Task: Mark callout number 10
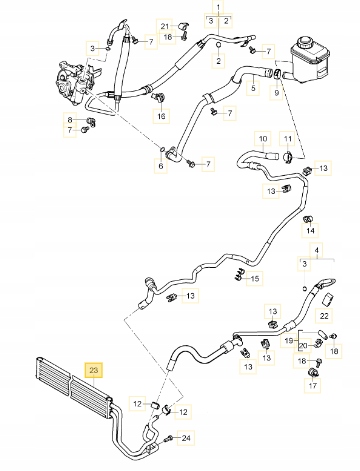(x=262, y=138)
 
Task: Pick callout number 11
(x=287, y=138)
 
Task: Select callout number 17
(x=312, y=385)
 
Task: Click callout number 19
(x=288, y=342)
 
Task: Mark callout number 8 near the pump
(x=70, y=121)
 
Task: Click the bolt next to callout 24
(x=175, y=438)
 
